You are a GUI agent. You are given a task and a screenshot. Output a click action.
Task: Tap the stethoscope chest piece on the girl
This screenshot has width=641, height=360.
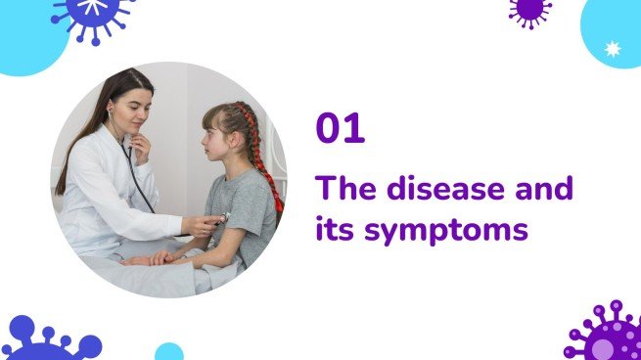pos(223,217)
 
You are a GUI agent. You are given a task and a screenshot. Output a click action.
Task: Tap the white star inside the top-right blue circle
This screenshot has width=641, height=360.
pos(614,47)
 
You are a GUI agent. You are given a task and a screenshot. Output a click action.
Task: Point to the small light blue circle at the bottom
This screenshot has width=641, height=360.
pos(169,352)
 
